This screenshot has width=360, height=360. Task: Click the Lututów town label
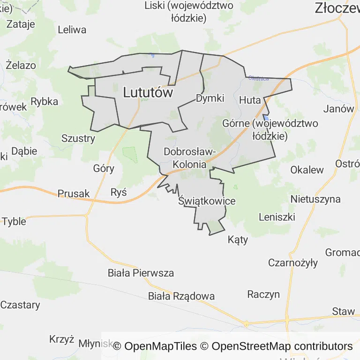148,93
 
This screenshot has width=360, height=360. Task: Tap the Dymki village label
210,98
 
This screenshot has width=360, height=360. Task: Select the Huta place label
250,100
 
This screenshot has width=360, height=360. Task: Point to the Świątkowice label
207,201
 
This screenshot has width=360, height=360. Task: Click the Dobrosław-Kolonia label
189,158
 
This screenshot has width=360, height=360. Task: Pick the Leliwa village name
72,30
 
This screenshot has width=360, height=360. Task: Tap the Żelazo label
21,65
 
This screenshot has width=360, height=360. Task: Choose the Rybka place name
44,102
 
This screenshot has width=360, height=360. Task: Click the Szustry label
78,138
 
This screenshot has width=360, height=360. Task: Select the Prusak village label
74,194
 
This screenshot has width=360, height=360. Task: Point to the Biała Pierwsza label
141,273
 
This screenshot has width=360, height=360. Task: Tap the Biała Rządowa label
181,296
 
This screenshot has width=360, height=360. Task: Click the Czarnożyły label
293,262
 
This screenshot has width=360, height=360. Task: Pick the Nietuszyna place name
315,199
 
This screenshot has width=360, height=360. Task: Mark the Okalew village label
307,170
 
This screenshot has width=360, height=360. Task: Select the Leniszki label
277,217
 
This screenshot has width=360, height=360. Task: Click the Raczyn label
263,294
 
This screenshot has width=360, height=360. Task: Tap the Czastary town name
20,305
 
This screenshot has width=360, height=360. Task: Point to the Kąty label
238,240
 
